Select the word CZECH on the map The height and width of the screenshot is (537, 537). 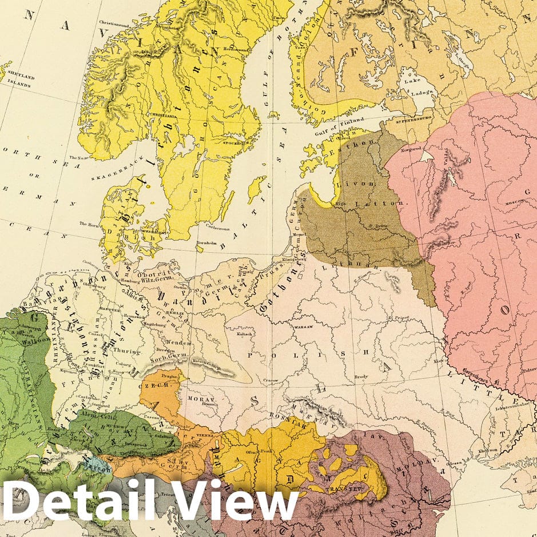click(x=162, y=386)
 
